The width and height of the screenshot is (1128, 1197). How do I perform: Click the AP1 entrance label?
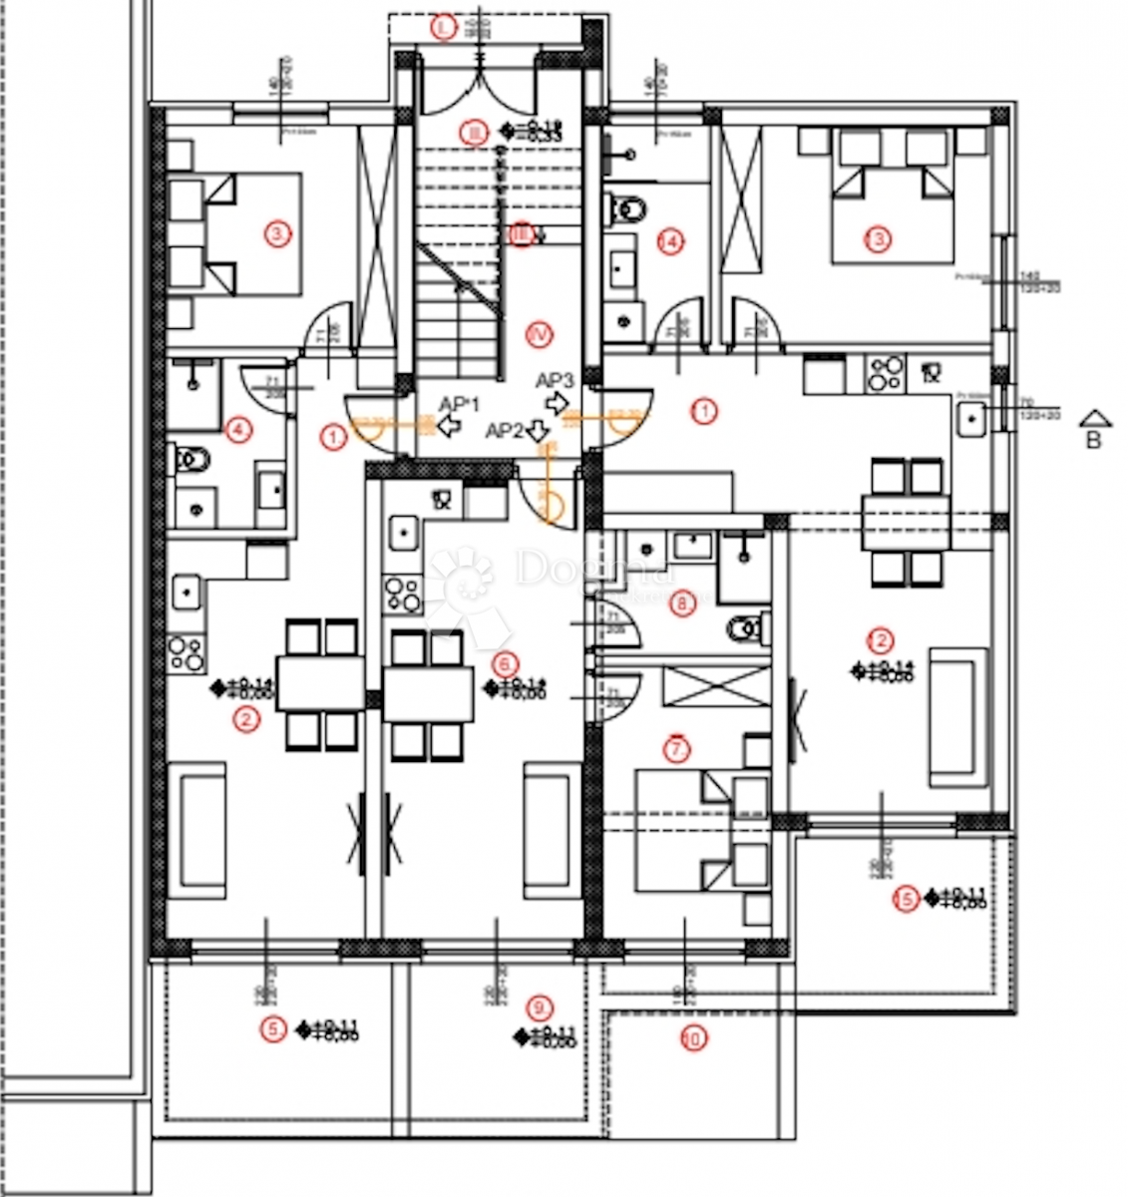click(x=461, y=403)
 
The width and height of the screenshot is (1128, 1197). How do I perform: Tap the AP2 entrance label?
click(x=505, y=431)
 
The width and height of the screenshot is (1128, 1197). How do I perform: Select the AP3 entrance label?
click(x=555, y=380)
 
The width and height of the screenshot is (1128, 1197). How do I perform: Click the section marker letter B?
click(x=1093, y=440)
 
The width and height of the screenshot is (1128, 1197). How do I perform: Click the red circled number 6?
click(x=506, y=663)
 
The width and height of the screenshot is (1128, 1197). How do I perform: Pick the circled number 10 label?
click(x=692, y=1038)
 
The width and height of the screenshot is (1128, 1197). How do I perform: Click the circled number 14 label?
click(x=671, y=240)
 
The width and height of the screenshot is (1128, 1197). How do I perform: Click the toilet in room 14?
click(x=627, y=209)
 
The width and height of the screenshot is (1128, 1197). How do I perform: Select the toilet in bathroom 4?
click(x=192, y=460)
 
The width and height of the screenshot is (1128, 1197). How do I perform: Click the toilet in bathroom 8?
click(x=747, y=629)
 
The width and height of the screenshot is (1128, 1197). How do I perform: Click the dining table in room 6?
click(x=428, y=694)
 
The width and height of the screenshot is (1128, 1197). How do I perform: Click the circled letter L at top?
click(x=444, y=27)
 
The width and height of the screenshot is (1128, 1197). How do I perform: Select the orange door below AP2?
click(x=554, y=500)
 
